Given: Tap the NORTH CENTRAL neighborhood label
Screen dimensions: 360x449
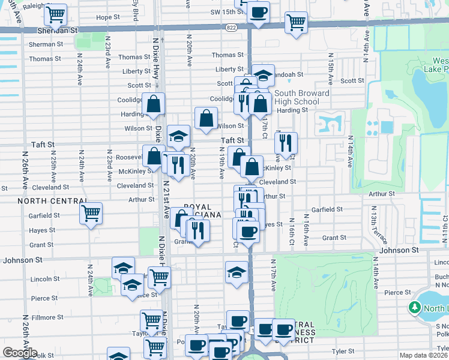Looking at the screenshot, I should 45,200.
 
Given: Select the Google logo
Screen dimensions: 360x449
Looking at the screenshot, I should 20,353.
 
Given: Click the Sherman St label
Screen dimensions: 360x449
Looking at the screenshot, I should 46,44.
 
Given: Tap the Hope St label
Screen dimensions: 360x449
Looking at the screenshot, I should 108,17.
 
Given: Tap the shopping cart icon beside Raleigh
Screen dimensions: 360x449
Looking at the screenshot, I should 56,13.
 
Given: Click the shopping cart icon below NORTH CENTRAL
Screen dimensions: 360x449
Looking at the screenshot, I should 91,213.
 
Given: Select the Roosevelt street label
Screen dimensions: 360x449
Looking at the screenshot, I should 129,157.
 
